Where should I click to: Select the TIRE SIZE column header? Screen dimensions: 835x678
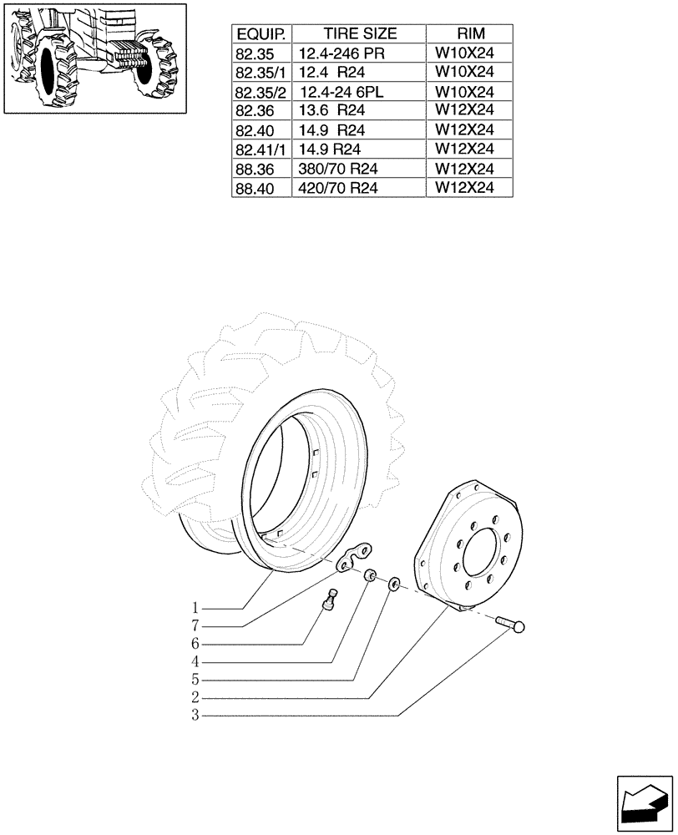359,34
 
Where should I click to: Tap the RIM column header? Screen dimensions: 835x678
469,34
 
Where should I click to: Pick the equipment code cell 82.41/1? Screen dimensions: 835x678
261,150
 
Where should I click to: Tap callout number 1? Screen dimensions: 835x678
195,607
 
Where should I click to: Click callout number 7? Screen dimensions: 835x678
195,625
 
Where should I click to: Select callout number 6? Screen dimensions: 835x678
195,644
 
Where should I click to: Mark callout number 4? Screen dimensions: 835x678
195,662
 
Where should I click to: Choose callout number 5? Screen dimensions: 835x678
195,680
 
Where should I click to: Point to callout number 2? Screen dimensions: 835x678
195,697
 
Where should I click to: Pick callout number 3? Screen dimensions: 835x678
195,716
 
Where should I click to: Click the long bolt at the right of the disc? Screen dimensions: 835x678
512,625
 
